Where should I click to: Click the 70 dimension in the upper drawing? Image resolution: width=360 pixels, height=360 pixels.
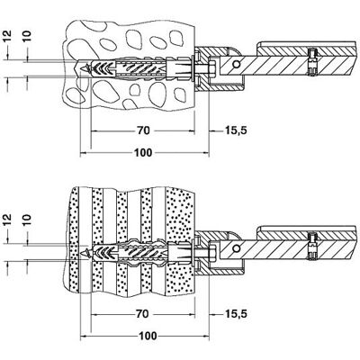tap(143, 130)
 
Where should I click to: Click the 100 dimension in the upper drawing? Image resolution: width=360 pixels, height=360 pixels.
tap(143, 153)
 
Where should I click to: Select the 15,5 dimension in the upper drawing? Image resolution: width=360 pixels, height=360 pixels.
tap(236, 130)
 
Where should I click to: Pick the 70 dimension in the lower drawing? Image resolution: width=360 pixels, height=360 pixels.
tap(142, 314)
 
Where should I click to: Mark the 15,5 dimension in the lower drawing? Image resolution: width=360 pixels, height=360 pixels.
tap(236, 314)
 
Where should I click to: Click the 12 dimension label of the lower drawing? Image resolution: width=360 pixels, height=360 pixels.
tap(8, 220)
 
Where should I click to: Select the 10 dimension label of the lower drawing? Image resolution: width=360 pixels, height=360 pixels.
tap(27, 220)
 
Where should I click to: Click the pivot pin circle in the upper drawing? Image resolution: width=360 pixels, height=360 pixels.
tap(237, 64)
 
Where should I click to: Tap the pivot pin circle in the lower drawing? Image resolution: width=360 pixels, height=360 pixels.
tap(237, 248)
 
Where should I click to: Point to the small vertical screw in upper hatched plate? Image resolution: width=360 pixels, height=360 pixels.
tap(312, 61)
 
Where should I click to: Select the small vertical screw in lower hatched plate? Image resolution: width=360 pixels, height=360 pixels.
tap(312, 245)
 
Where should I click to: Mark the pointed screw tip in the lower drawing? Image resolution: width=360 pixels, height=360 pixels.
tap(82, 253)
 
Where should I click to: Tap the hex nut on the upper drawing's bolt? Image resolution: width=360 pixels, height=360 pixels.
tap(212, 68)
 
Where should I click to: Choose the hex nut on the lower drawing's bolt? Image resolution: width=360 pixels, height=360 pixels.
tap(212, 253)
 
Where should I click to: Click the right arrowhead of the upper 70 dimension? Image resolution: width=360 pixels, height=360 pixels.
tap(192, 130)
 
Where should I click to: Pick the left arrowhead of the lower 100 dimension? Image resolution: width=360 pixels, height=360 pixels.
tap(84, 337)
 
